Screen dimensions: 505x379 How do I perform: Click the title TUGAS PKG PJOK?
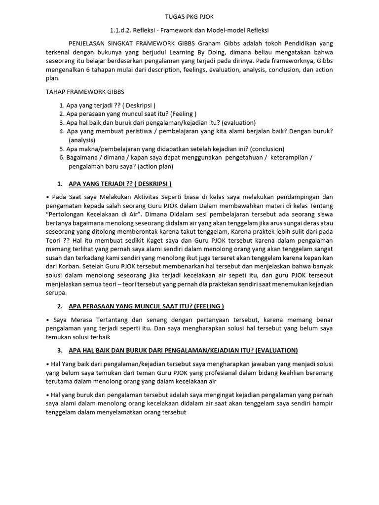click(189, 17)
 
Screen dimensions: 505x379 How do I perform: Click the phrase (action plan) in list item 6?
click(155, 167)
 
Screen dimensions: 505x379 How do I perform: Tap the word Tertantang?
click(107, 320)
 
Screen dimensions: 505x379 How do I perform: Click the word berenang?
click(318, 373)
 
